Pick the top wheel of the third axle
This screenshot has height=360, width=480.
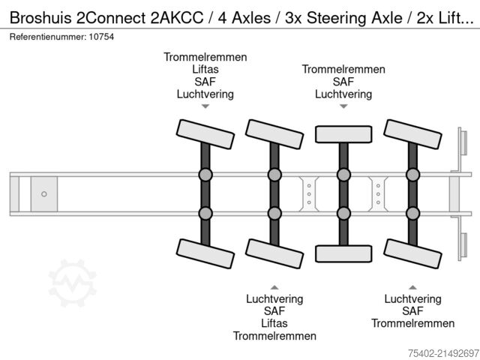[343, 133]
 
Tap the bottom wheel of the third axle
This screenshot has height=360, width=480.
[343, 253]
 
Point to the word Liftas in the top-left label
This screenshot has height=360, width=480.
[205, 70]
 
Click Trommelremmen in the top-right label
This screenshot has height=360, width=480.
[343, 70]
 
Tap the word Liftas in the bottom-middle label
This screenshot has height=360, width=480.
[274, 323]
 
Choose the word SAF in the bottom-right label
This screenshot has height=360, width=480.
[412, 311]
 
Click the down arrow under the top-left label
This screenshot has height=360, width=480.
[205, 107]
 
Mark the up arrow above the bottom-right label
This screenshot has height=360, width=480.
[412, 286]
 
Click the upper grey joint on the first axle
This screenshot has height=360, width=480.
[205, 175]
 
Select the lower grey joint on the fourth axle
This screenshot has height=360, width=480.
[412, 213]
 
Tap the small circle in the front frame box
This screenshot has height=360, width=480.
[44, 194]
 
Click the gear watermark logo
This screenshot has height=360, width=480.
[73, 283]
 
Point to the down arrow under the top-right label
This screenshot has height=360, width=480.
[343, 107]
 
